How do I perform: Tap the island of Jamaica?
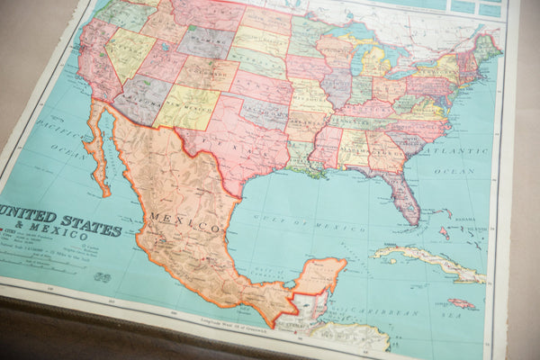(462, 304)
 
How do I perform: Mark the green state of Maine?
(487, 44)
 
